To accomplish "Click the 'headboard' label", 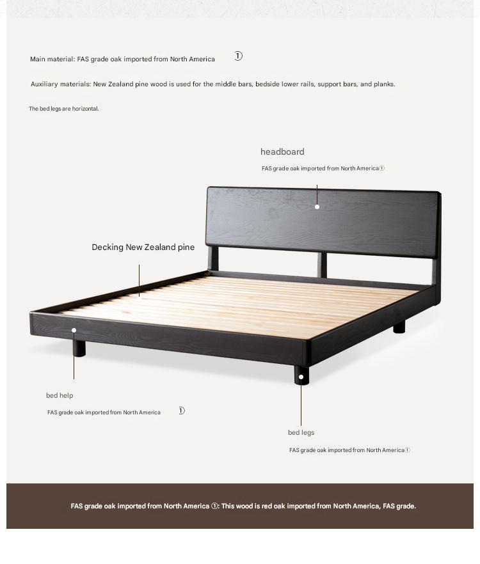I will click(x=282, y=152).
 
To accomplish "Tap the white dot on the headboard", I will click(x=317, y=207).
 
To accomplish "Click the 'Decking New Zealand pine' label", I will click(x=143, y=247).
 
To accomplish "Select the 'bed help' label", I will click(x=60, y=396).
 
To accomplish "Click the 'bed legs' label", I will click(x=301, y=433).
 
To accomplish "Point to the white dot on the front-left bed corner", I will click(x=74, y=330).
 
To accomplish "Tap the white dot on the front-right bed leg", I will click(x=301, y=377).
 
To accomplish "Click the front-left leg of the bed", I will click(x=79, y=349).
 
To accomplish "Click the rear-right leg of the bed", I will click(x=399, y=327).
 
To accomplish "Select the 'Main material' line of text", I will click(x=122, y=59).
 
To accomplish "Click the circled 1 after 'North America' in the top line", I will click(x=238, y=56).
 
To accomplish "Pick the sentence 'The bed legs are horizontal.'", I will click(x=64, y=109).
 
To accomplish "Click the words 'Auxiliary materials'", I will click(x=60, y=84).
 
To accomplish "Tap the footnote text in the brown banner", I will click(x=243, y=506).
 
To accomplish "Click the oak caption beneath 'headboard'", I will click(x=320, y=169).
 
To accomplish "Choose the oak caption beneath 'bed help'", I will click(x=104, y=413).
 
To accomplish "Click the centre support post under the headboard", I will click(x=323, y=264).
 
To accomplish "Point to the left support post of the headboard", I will click(x=213, y=258).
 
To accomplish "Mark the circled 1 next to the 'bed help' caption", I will click(x=182, y=411).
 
